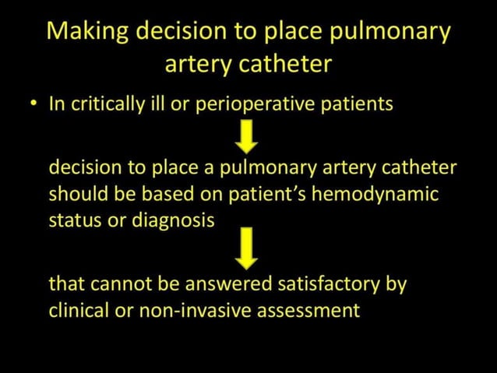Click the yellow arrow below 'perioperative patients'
248,139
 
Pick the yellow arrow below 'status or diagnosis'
248,248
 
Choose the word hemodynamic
375,194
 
